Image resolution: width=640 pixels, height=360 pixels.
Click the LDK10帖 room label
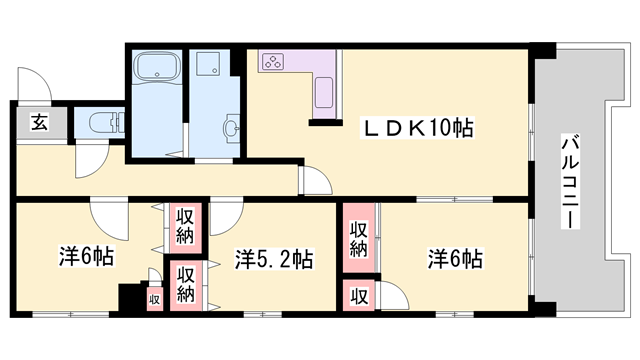point(417,128)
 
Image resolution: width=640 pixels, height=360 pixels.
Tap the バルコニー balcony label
point(570,181)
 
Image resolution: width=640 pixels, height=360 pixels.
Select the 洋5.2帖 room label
point(274,259)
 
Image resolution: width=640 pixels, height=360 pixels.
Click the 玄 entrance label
point(40,122)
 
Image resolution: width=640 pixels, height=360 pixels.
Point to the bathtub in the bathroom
point(158,67)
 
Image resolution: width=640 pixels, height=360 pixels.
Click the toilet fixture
point(106,123)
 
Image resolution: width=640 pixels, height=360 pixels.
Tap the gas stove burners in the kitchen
point(271,62)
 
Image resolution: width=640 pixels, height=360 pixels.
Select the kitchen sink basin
point(324,93)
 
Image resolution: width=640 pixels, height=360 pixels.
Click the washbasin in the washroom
point(232,127)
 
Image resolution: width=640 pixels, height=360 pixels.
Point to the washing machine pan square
point(207,63)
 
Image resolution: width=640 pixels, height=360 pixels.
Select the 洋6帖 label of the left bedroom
point(86,257)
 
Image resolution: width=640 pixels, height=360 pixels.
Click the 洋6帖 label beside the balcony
point(455,258)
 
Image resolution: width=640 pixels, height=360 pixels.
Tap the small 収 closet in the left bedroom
point(155,300)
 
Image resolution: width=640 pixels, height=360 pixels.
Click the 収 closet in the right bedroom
point(360,296)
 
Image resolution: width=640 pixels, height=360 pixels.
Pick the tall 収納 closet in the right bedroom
point(359,238)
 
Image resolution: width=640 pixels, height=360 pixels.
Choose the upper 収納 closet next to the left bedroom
point(185,227)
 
